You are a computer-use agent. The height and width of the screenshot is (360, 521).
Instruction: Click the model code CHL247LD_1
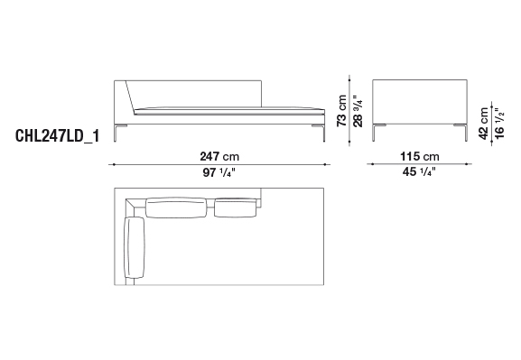point(57,136)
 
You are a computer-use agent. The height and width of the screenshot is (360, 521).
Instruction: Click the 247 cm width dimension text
point(219,156)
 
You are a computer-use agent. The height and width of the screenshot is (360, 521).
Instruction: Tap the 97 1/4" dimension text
point(219,172)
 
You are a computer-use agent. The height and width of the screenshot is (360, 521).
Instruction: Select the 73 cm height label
point(341,110)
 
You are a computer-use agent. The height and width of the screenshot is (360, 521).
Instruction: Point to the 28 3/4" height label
point(358,112)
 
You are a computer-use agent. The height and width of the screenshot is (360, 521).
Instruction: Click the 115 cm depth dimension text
point(420,156)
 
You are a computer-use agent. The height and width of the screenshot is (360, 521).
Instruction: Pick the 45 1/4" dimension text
point(419,172)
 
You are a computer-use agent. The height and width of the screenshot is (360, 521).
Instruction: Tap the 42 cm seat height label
point(484,124)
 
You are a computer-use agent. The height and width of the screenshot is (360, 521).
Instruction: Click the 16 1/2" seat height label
point(499,124)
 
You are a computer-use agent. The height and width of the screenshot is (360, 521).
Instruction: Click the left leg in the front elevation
point(116,133)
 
